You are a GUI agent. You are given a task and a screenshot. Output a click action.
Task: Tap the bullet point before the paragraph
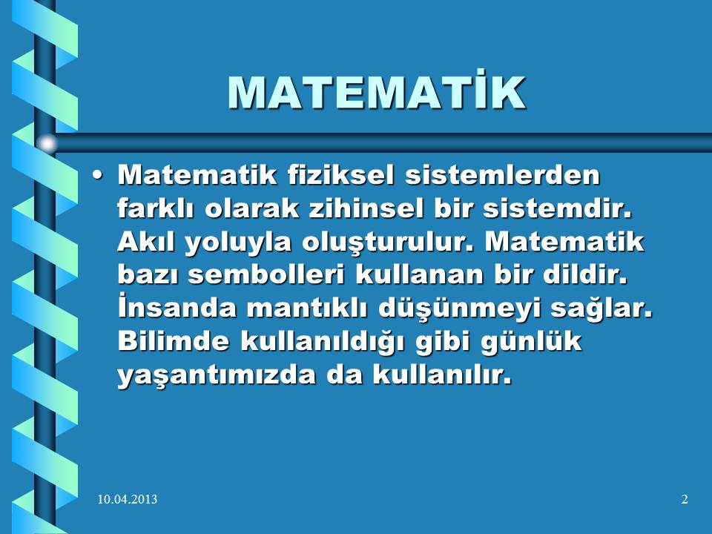pyautogui.click(x=96, y=176)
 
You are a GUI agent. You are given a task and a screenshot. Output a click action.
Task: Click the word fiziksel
pyautogui.click(x=340, y=175)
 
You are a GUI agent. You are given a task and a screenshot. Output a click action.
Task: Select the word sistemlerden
pyautogui.click(x=503, y=175)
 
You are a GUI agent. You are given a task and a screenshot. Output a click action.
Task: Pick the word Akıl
pyautogui.click(x=146, y=242)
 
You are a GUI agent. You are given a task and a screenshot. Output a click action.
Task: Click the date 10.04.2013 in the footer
pyautogui.click(x=128, y=499)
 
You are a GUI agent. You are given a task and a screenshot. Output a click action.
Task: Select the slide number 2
pyautogui.click(x=685, y=499)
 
